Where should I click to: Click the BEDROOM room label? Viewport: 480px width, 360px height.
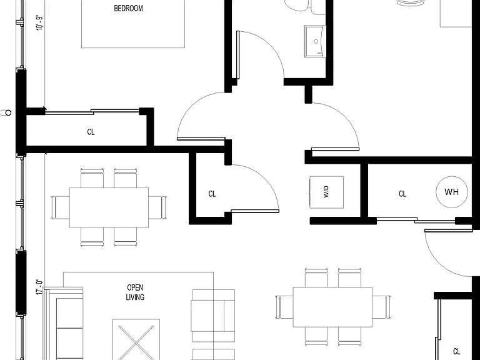pos(128,8)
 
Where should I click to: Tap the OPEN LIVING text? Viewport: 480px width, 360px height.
pos(135,292)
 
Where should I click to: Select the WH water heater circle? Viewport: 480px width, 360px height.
pos(452,192)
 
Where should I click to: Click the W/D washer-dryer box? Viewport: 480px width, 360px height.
pos(326,192)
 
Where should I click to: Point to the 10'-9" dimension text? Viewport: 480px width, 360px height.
pos(39,22)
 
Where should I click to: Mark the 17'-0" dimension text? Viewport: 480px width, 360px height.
pos(39,287)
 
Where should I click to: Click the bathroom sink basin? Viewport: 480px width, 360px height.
pos(315,41)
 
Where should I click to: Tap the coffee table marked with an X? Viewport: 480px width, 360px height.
pos(136,339)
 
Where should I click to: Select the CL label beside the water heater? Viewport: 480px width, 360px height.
pos(402,194)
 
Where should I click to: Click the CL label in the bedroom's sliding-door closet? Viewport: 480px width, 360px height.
pos(91,132)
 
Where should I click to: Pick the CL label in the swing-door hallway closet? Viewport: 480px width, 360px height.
pos(212,194)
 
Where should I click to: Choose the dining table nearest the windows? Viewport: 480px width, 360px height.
pos(109,207)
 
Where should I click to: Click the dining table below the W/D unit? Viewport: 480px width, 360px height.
pos(332,307)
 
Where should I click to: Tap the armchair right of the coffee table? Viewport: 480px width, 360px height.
pos(213,316)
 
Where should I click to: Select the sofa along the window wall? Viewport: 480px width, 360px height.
pos(63,324)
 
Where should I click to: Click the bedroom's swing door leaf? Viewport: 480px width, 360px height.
pos(201,139)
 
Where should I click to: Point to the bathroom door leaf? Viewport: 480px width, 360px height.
pos(238,55)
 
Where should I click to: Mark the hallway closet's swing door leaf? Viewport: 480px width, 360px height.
pos(255,211)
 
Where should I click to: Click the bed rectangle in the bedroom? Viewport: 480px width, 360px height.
pos(133,24)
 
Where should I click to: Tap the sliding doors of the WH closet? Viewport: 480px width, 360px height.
pos(416,220)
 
